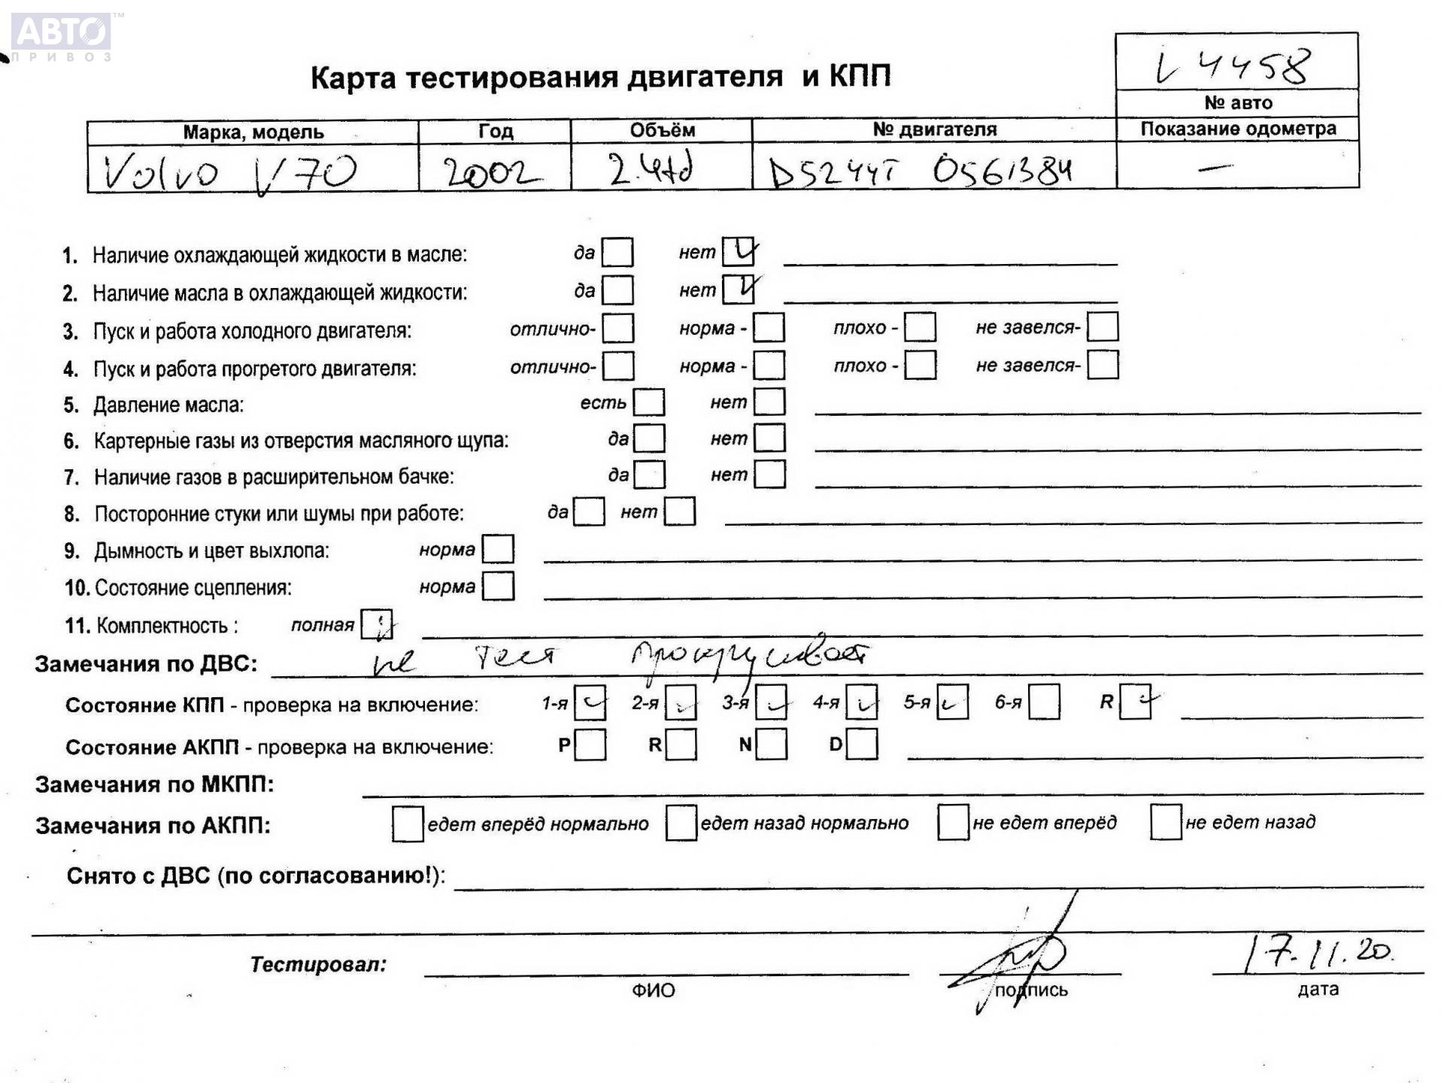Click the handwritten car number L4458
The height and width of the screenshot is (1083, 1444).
click(1233, 66)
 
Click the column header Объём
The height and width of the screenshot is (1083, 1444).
click(662, 130)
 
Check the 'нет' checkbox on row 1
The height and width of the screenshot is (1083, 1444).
click(738, 252)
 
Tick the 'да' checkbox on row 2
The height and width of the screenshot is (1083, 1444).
click(617, 290)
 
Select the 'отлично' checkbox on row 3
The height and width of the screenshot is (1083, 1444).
click(618, 328)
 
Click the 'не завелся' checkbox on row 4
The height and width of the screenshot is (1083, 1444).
click(1103, 366)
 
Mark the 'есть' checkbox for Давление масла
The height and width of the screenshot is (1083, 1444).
click(649, 402)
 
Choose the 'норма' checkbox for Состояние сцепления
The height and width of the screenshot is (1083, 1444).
click(498, 587)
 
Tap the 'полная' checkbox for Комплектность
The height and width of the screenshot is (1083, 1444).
click(376, 624)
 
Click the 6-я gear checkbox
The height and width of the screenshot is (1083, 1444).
click(1044, 702)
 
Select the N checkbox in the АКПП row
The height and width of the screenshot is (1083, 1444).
click(772, 745)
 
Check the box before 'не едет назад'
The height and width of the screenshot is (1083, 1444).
click(1166, 822)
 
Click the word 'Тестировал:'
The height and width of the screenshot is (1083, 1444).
click(318, 964)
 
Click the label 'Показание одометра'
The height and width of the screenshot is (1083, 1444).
click(1238, 129)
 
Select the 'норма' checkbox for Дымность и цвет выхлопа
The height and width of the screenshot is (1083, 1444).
click(498, 550)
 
